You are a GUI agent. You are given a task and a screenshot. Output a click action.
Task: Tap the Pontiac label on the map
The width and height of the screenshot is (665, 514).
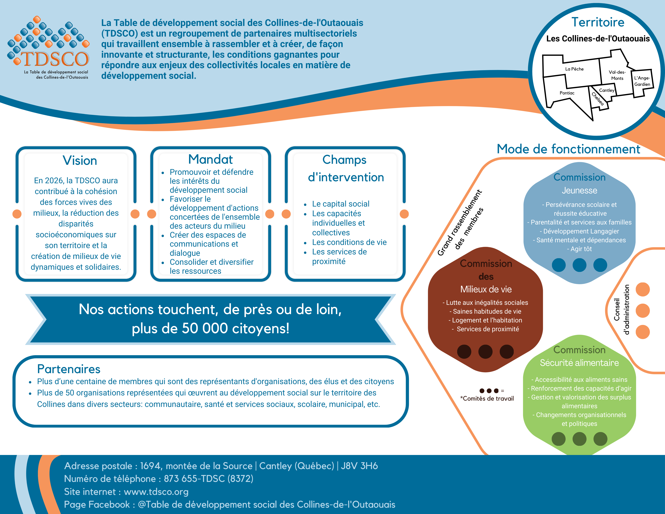pyautogui.click(x=567, y=93)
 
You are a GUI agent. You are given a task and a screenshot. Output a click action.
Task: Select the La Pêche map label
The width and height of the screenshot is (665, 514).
pyautogui.click(x=574, y=69)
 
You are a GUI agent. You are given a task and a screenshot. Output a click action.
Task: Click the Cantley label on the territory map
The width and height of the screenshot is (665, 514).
pyautogui.click(x=606, y=90)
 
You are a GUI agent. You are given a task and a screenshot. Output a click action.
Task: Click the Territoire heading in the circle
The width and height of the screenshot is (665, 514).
pyautogui.click(x=598, y=22)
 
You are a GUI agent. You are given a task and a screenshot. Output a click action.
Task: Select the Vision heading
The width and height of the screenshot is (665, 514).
pyautogui.click(x=80, y=160)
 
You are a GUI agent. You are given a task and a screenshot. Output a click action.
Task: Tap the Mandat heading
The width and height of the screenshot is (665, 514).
pyautogui.click(x=210, y=159)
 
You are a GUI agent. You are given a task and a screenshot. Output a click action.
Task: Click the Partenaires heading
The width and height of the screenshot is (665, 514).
pyautogui.click(x=69, y=369)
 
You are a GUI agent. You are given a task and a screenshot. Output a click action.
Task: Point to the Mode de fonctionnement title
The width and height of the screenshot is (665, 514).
pyautogui.click(x=568, y=149)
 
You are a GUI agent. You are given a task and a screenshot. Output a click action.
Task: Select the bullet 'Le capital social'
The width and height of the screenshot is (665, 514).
pyautogui.click(x=340, y=204)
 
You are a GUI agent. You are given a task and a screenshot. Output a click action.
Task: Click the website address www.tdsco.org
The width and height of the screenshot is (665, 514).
pyautogui.click(x=156, y=492)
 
